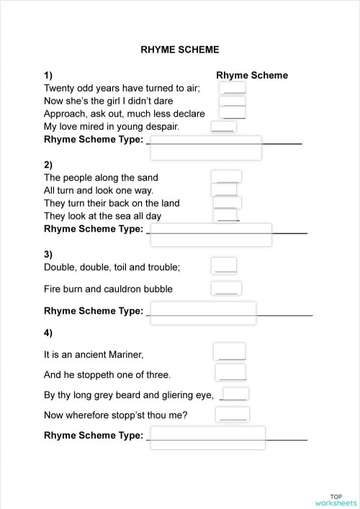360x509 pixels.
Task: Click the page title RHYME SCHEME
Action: (x=180, y=50)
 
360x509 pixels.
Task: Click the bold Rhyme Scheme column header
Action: (x=251, y=76)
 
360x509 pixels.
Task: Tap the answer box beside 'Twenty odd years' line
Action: (x=233, y=88)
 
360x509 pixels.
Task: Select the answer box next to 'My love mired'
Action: (x=222, y=127)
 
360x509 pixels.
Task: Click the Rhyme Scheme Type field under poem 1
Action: (x=205, y=148)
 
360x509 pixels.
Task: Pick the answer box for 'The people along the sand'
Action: (x=227, y=177)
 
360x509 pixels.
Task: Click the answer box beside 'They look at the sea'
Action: (x=227, y=215)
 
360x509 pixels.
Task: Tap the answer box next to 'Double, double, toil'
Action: (x=225, y=266)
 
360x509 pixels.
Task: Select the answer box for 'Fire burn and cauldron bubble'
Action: (x=226, y=289)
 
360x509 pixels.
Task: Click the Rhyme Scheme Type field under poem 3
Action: (x=202, y=312)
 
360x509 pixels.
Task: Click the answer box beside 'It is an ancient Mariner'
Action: (x=230, y=352)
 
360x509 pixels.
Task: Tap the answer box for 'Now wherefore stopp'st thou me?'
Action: (x=232, y=414)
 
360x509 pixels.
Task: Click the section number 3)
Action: (x=48, y=254)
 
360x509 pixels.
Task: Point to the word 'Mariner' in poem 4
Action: (x=124, y=354)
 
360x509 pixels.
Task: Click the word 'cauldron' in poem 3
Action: (x=121, y=289)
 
